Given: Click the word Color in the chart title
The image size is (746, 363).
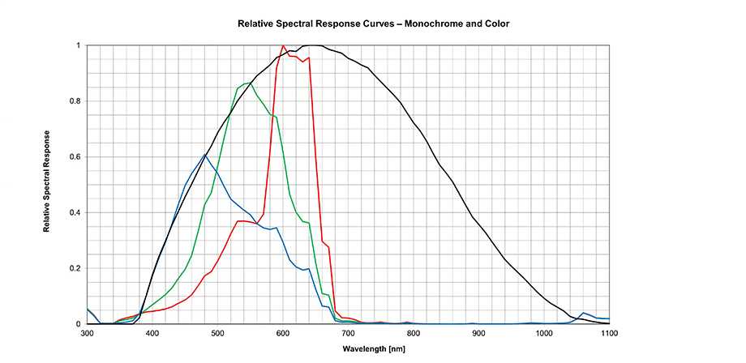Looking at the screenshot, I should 495,23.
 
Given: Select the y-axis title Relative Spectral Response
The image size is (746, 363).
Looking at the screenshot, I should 48,180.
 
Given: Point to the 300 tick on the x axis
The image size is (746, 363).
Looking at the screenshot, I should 87,332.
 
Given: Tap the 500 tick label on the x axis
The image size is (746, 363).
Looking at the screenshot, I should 217,332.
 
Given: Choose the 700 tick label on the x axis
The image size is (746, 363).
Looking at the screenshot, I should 348,332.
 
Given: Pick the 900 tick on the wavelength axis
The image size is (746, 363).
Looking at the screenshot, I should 478,332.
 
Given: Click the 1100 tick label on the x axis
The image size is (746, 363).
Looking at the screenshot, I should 608,332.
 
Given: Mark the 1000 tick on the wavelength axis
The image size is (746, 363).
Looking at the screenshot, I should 543,332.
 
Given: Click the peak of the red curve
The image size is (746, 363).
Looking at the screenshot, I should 282,46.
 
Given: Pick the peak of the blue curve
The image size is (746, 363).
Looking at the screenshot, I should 204,155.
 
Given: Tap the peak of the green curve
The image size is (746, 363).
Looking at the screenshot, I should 250,83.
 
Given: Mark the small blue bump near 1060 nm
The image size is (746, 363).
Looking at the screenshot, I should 583,313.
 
